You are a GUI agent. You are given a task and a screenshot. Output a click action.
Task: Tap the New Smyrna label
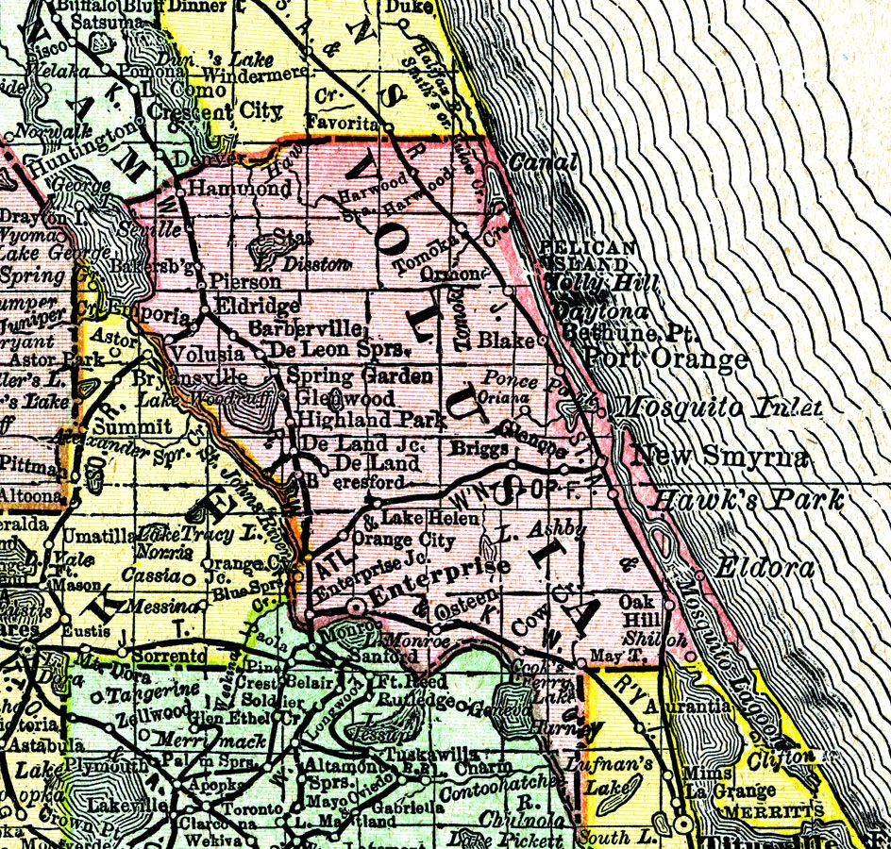tap(721, 457)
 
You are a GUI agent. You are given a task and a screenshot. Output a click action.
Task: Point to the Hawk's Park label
tap(750, 499)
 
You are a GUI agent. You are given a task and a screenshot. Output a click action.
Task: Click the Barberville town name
tap(307, 328)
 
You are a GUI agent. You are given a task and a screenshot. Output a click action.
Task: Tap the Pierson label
tap(245, 281)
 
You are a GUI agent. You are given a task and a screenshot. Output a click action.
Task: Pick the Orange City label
tap(395, 540)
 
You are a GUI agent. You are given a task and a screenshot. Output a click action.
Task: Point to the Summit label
tap(133, 426)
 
